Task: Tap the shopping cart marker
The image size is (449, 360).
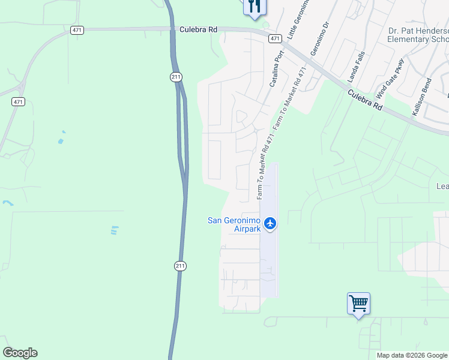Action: click(358, 304)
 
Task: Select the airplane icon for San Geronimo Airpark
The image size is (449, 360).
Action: click(270, 224)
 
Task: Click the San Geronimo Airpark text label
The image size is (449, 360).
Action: click(234, 224)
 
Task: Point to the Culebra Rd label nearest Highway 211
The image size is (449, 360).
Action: click(197, 29)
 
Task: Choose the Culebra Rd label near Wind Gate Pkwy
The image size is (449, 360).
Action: click(364, 99)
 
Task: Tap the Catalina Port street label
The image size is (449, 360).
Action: click(277, 69)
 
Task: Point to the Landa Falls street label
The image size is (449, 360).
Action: click(356, 66)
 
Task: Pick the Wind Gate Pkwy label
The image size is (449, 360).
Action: click(390, 79)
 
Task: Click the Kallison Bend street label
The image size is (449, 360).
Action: click(422, 97)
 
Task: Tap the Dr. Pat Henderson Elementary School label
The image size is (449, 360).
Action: click(418, 35)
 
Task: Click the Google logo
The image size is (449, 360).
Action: click(20, 353)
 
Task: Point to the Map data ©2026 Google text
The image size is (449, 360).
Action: click(412, 355)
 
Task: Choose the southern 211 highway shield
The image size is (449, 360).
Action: click(181, 266)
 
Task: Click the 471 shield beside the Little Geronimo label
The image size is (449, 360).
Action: click(275, 38)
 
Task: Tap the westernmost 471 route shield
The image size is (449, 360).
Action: click(18, 102)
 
